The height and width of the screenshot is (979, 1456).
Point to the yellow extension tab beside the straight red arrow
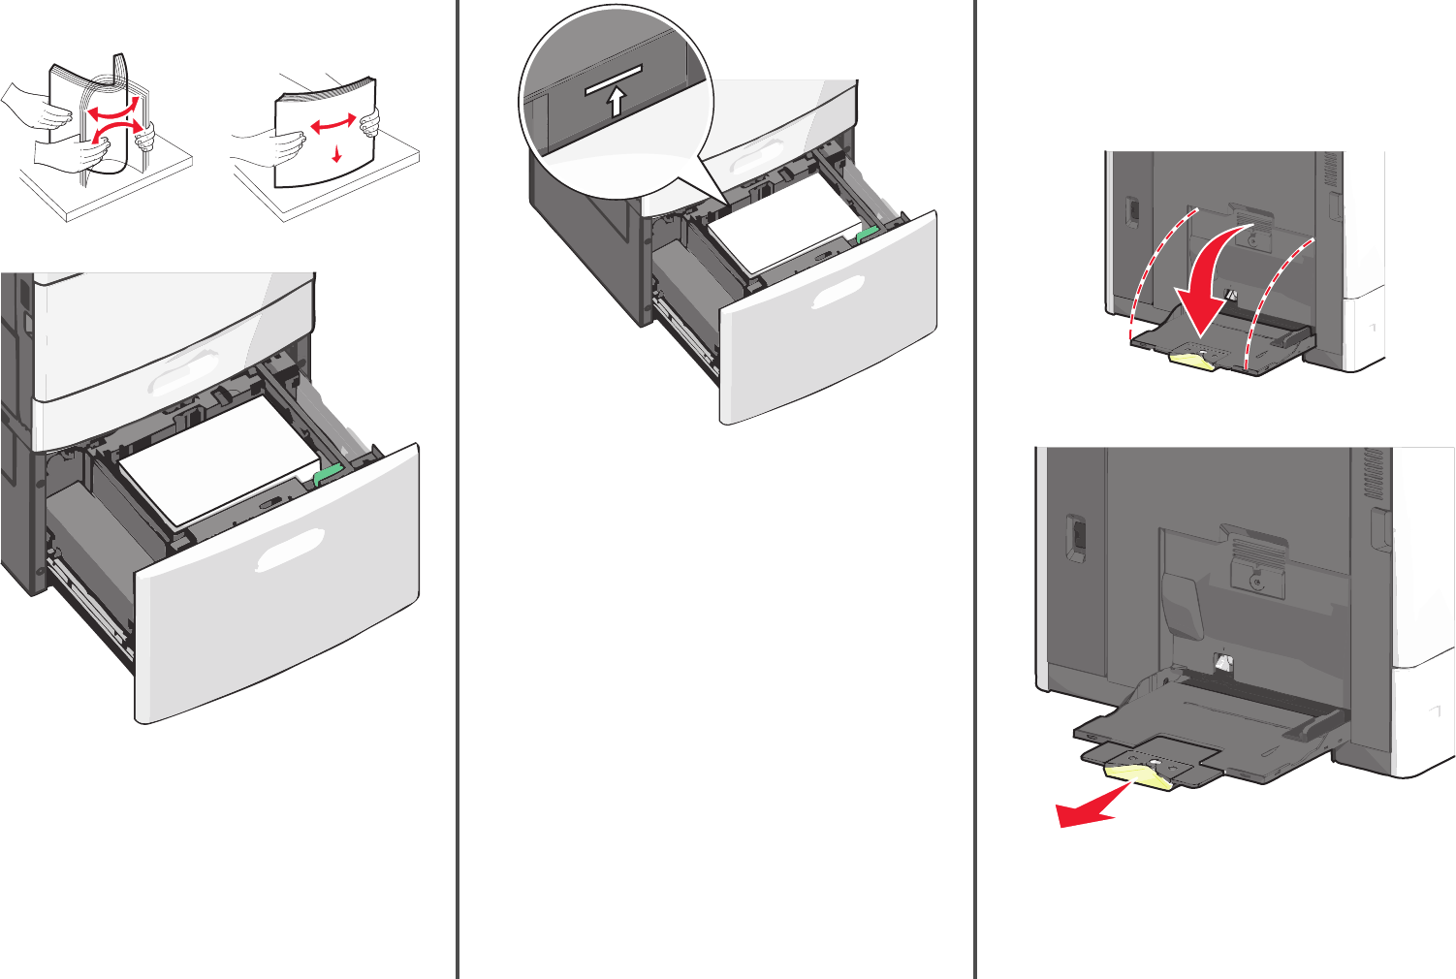tap(1141, 773)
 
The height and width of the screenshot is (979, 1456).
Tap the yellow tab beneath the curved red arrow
tap(1194, 361)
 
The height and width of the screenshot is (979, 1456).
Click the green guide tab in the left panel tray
tap(328, 473)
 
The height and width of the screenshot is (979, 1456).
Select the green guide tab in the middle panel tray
tap(867, 234)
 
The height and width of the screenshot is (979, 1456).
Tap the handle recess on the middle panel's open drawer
tap(838, 290)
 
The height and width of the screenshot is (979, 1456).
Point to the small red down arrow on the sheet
tap(336, 152)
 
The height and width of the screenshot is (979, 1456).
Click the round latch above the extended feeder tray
tap(1256, 581)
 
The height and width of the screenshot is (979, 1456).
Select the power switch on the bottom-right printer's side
tap(1075, 539)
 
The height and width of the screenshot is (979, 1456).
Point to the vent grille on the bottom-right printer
tap(1373, 474)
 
